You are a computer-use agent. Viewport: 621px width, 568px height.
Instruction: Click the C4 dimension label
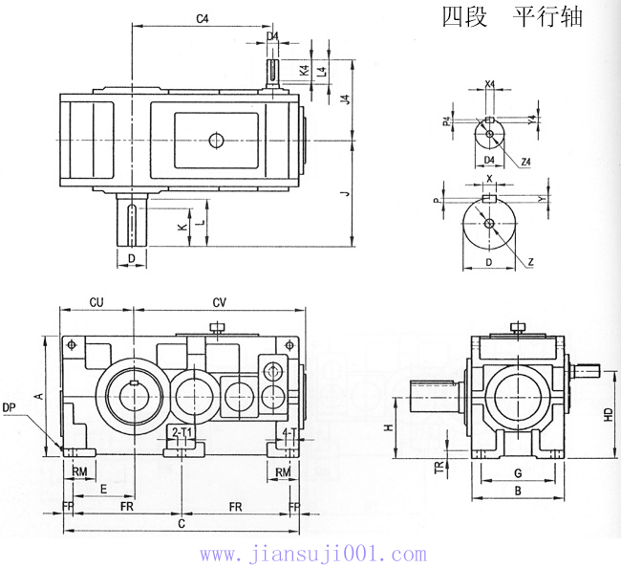(x=202, y=18)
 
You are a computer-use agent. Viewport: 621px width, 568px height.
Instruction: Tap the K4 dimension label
(x=303, y=71)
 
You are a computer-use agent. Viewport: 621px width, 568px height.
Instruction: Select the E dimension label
(x=102, y=488)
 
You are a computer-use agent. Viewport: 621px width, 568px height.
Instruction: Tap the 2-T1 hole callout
(x=182, y=432)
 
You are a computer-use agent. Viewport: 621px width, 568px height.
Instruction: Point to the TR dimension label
(x=439, y=468)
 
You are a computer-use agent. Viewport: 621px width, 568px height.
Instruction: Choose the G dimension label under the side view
(x=517, y=473)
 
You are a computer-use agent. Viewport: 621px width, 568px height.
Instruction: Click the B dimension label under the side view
(x=517, y=491)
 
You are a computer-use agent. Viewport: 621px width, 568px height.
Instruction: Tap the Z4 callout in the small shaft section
(x=526, y=162)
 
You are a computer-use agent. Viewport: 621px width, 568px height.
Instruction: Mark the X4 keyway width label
(x=489, y=84)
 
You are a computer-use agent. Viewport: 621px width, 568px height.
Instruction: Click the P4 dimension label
(x=446, y=121)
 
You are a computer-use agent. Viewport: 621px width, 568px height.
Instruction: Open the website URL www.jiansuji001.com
(x=312, y=554)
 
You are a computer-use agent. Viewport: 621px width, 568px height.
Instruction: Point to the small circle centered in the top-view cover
(x=216, y=141)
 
